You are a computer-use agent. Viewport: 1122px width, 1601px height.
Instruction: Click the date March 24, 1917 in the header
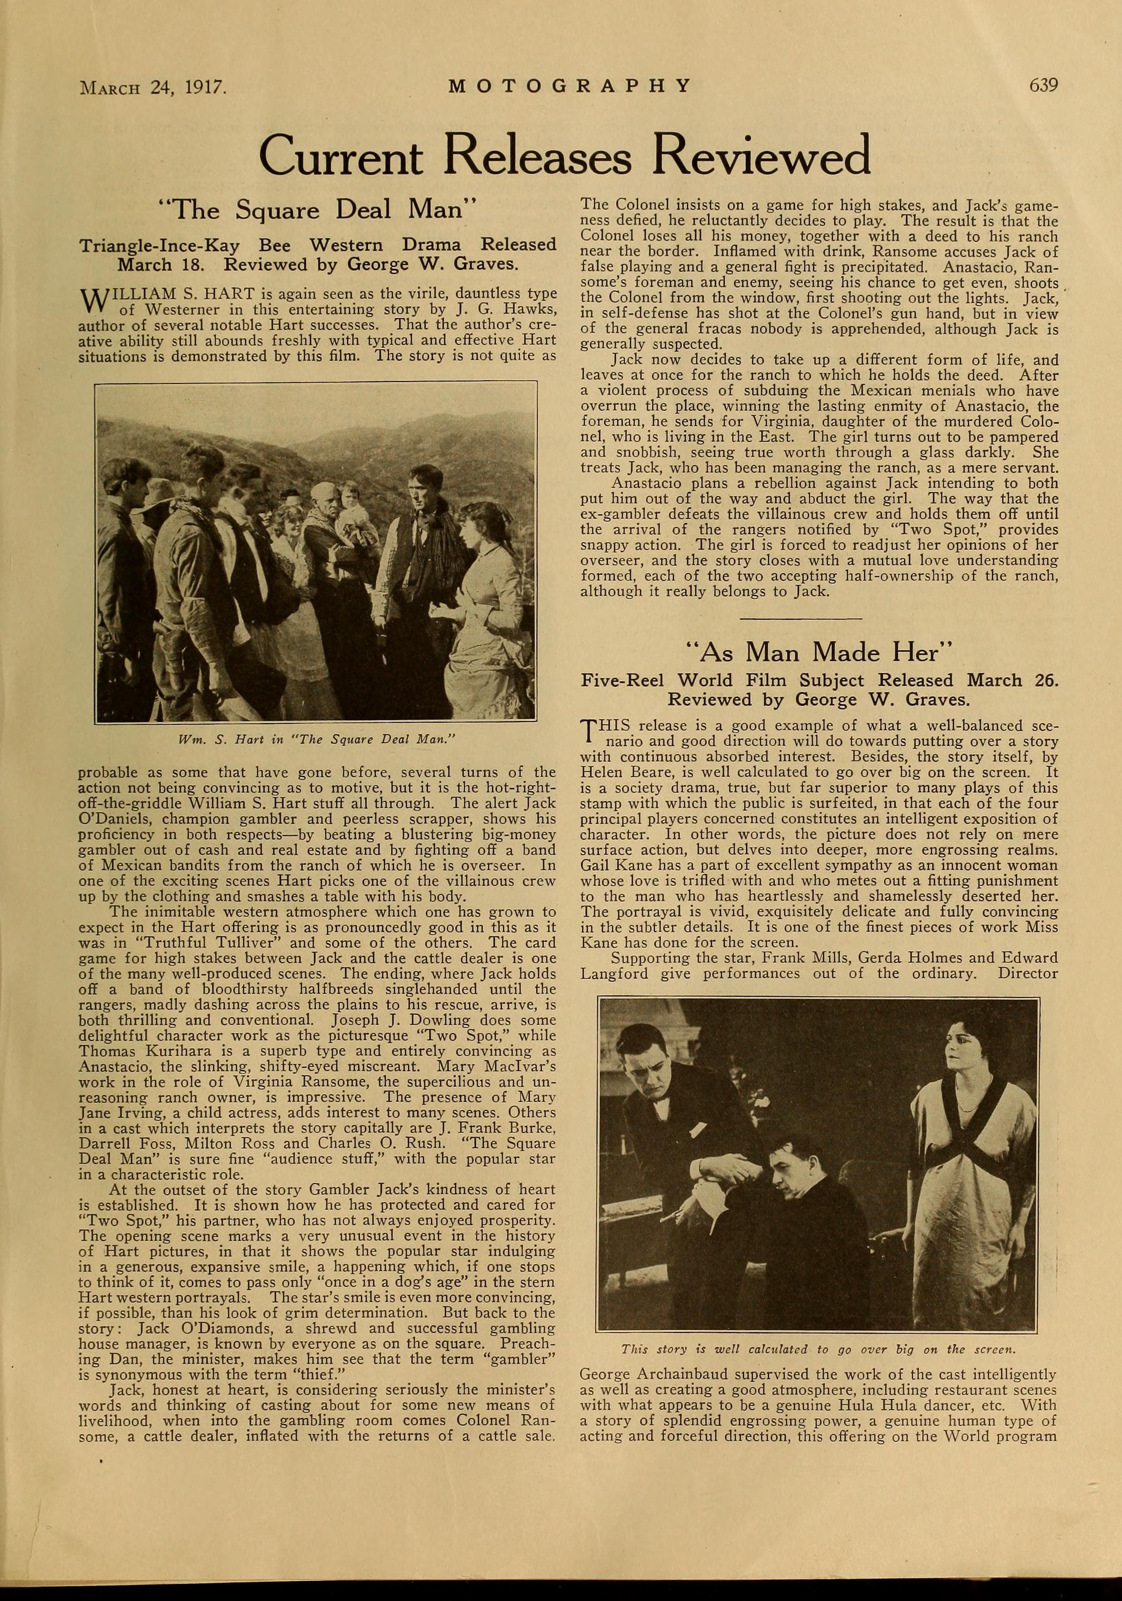(x=155, y=87)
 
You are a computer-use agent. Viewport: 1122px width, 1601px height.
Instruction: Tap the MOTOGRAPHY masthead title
(x=569, y=86)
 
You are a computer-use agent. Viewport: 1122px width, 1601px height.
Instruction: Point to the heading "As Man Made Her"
(x=819, y=652)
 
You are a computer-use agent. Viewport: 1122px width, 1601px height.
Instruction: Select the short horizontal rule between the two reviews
(x=800, y=618)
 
